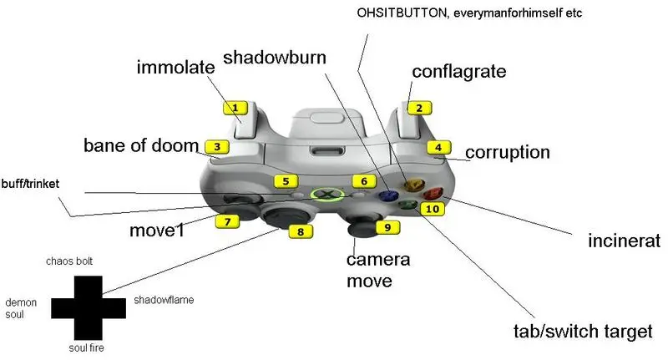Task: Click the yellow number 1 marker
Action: point(235,107)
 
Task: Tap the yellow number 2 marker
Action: point(419,107)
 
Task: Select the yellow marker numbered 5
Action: point(286,180)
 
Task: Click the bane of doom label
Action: point(141,145)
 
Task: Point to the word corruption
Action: point(507,153)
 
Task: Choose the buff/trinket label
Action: point(32,181)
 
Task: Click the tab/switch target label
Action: point(583,332)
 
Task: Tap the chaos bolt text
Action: point(69,261)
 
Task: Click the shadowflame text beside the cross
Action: point(164,300)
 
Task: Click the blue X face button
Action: point(388,195)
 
